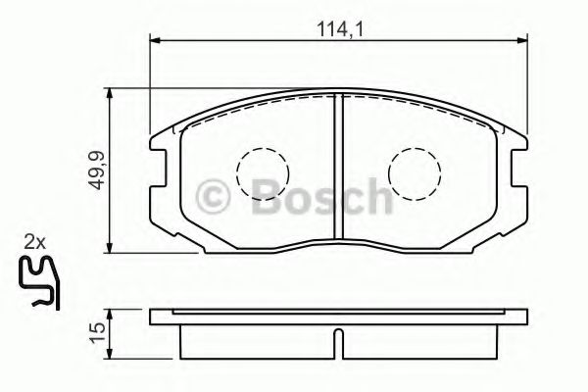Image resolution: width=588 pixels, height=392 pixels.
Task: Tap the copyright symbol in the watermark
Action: (x=216, y=196)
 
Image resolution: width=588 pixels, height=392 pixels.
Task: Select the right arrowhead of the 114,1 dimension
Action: (x=522, y=41)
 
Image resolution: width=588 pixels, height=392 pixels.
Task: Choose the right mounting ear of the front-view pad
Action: (x=514, y=162)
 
